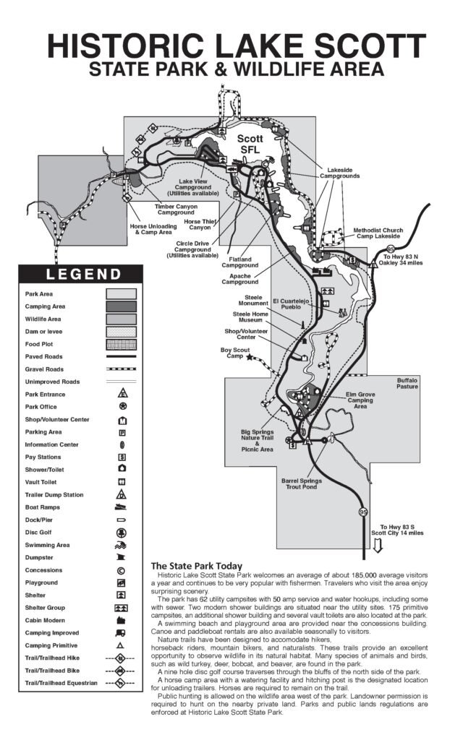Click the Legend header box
84,274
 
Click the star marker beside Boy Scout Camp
250,357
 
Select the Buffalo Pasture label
407,383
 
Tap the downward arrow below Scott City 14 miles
377,547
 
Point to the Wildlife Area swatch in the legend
122,319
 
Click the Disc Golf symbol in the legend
122,533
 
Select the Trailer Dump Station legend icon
122,495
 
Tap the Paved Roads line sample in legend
122,356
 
